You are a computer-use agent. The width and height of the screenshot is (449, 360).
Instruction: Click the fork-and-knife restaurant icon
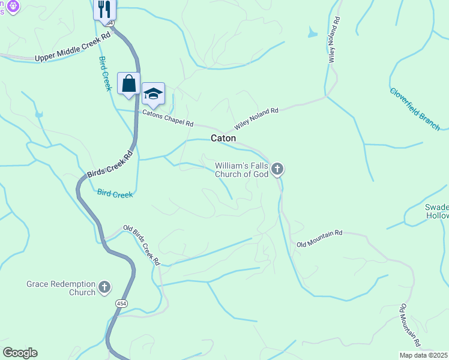click(105, 9)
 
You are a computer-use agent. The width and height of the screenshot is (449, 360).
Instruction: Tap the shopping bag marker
click(129, 84)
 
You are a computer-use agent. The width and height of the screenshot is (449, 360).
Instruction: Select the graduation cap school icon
click(153, 94)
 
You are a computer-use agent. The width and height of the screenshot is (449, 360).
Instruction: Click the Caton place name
click(223, 138)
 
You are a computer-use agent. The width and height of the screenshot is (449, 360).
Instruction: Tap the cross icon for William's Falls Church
click(277, 169)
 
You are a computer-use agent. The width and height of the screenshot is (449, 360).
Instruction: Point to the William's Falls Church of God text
click(241, 170)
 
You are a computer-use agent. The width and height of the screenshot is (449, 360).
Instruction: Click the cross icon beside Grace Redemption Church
click(104, 287)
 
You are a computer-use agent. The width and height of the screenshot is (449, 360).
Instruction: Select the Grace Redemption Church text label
click(61, 288)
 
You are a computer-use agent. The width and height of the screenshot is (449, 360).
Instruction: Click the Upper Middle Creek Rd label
click(73, 46)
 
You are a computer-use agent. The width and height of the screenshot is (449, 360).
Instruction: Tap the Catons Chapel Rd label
click(167, 118)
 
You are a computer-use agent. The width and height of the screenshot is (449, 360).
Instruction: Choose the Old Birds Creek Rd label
click(142, 244)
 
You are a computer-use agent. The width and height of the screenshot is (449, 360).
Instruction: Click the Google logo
click(20, 353)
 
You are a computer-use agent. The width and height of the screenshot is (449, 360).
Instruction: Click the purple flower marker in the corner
click(14, 6)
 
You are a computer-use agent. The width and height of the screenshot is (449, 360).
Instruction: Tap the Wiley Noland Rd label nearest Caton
click(256, 119)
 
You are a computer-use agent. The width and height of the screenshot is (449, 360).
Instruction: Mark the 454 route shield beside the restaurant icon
click(108, 23)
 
